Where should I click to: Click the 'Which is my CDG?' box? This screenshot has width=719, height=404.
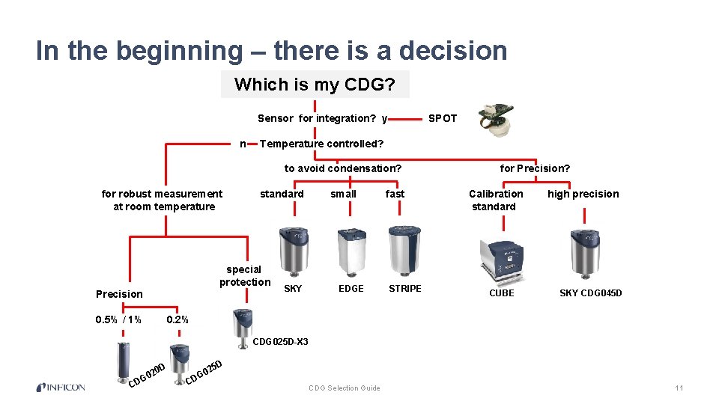point(315,85)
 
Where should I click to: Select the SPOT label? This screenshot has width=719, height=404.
point(442,118)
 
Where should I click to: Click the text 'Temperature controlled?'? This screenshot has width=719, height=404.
point(321,144)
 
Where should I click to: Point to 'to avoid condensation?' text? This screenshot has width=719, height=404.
point(343,168)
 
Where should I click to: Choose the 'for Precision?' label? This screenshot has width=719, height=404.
point(535,168)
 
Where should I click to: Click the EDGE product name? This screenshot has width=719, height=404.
point(351,289)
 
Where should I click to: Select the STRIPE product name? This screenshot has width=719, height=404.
point(405,289)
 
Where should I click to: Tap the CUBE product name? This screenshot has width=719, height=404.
point(502,293)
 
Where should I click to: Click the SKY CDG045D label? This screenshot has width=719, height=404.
point(591,293)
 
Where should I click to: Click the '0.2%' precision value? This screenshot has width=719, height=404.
point(178,320)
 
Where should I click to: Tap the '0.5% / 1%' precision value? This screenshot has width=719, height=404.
point(119,320)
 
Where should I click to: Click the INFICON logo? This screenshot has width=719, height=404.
point(61,388)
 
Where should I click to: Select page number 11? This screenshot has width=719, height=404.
point(679,388)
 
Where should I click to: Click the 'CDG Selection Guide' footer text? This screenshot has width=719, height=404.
point(345,388)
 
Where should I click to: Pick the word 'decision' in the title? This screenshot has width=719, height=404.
point(453,51)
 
